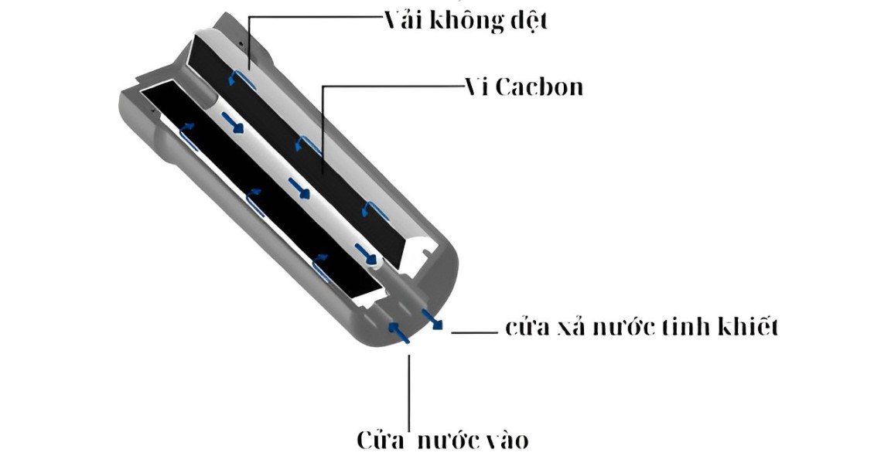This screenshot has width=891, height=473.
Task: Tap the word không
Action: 466,22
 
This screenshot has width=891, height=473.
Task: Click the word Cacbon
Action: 539,87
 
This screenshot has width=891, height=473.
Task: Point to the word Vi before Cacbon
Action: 473,87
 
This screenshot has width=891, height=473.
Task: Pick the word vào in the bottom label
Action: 507,441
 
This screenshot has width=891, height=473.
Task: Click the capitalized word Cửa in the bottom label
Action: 381,441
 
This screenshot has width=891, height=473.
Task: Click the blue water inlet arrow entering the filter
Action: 398,332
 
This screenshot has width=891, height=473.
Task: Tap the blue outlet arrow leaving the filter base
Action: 432,319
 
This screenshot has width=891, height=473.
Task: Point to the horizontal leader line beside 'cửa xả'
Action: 473,332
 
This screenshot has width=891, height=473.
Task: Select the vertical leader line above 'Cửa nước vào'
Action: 409,386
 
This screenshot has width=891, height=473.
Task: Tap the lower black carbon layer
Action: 255,193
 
